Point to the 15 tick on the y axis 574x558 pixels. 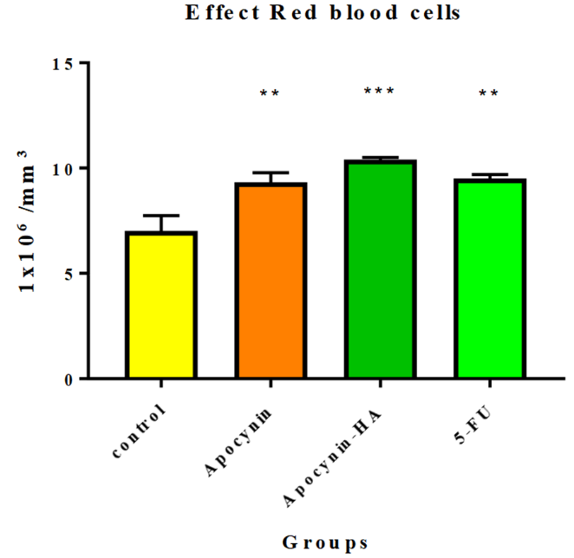pos(63,63)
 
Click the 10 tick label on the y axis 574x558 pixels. pos(63,168)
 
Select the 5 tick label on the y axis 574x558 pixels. pos(69,274)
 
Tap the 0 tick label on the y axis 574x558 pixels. pos(69,380)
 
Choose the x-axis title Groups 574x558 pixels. pos(325,542)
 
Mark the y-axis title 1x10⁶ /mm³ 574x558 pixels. pos(32,221)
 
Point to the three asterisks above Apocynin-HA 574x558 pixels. pos(379,91)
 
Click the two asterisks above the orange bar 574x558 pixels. pos(270,93)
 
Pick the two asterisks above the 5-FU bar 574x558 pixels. pos(489,93)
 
